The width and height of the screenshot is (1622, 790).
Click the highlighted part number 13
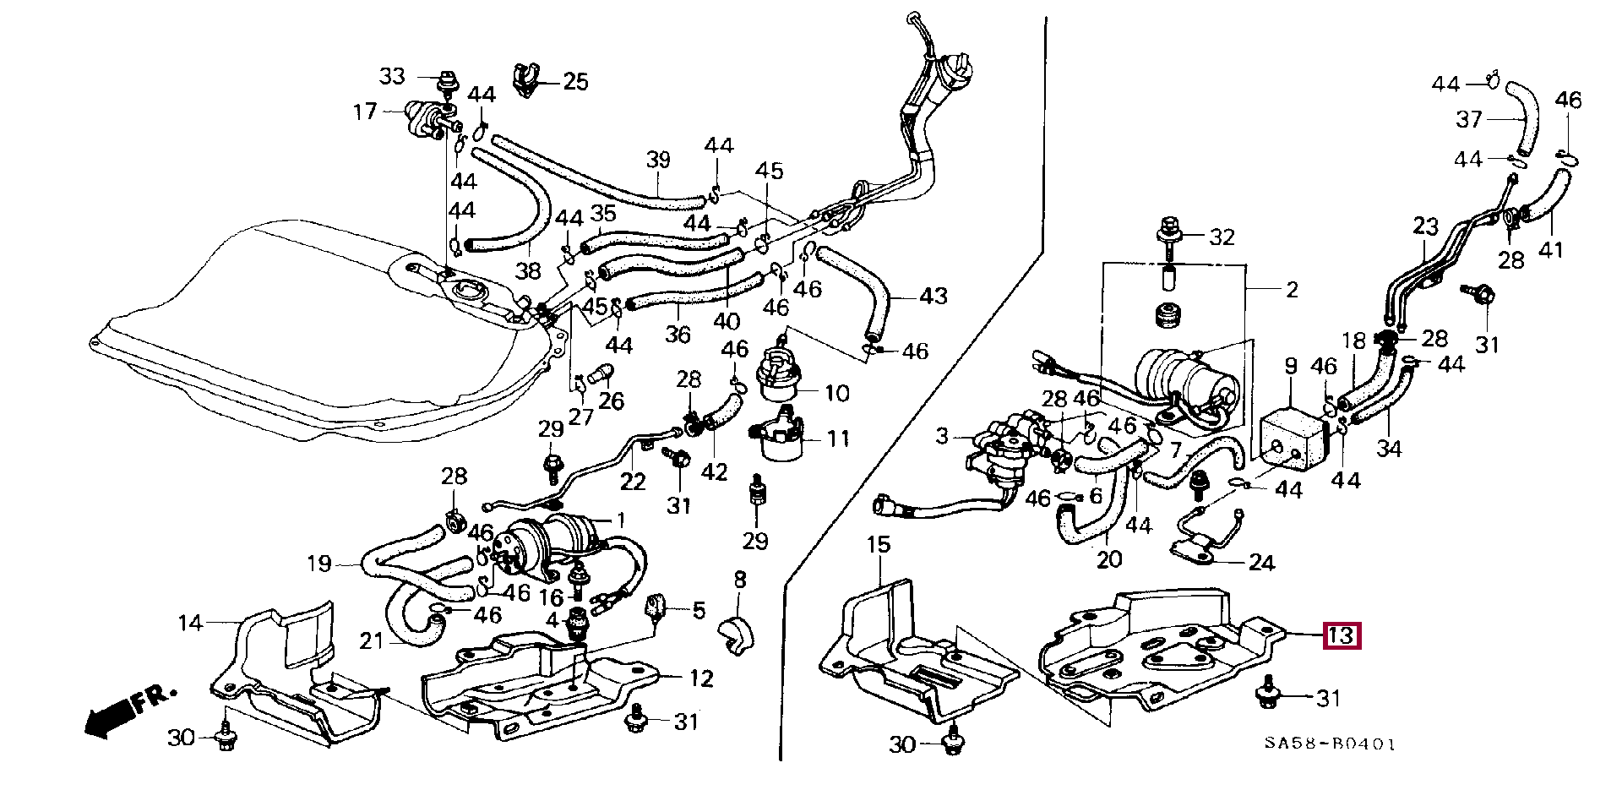(1342, 635)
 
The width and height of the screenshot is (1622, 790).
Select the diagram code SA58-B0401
(1330, 744)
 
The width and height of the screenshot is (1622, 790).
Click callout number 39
(658, 160)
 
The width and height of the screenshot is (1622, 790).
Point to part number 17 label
(365, 111)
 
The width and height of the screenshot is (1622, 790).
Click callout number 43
(933, 297)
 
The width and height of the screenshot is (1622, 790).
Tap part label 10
(836, 393)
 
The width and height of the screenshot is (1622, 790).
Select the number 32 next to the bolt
(1222, 237)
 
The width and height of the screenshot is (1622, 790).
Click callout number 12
(701, 678)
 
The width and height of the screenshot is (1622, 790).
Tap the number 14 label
(191, 624)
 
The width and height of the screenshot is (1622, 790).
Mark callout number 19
(318, 564)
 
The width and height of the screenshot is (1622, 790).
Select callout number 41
(1551, 250)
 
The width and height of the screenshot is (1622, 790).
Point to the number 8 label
(739, 580)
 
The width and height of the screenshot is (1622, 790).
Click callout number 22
(632, 482)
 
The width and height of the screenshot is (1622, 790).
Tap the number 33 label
(392, 77)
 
